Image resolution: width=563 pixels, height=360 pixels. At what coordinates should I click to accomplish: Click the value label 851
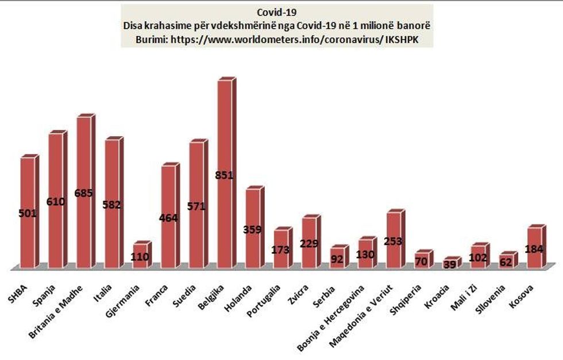click(x=224, y=175)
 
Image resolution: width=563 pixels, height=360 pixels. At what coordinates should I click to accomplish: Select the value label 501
click(x=28, y=214)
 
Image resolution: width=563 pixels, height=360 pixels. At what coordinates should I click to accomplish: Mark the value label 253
click(x=394, y=242)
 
